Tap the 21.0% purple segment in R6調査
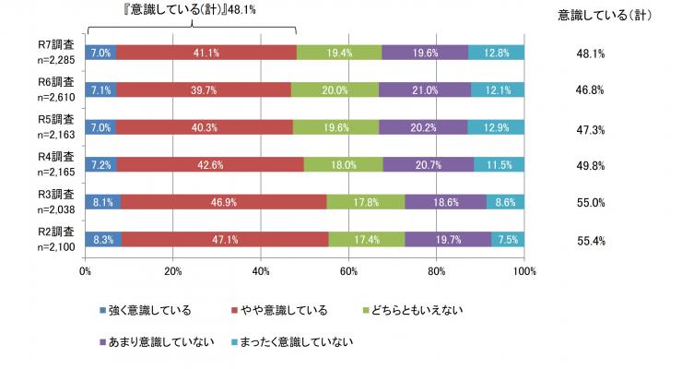point(427,89)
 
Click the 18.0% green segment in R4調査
point(343,163)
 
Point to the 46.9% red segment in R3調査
point(223,200)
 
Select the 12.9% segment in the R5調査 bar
point(496,126)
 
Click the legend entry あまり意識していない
point(147,342)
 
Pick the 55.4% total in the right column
point(588,238)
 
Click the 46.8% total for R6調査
point(588,90)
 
